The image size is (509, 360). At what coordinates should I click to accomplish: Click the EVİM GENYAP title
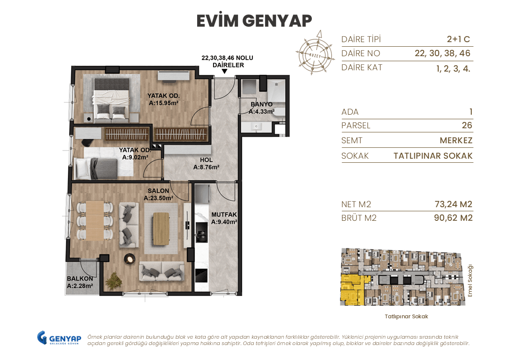[x=254, y=20]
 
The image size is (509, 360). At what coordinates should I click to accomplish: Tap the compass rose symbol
[x=314, y=52]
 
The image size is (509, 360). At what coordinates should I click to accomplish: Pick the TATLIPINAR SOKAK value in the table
[x=433, y=156]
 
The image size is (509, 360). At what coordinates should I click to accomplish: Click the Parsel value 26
[x=466, y=126]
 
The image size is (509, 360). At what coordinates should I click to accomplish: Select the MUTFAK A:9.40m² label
[x=224, y=219]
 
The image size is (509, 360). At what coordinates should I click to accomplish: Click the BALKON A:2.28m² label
[x=80, y=282]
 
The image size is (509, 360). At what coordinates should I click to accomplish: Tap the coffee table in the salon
[x=161, y=227]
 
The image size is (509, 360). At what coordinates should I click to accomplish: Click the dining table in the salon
[x=95, y=220]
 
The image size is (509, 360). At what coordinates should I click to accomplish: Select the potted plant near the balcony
[x=113, y=281]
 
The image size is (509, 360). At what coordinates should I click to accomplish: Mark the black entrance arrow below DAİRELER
[x=225, y=72]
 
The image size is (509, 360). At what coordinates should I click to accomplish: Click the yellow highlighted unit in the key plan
[x=349, y=291]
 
